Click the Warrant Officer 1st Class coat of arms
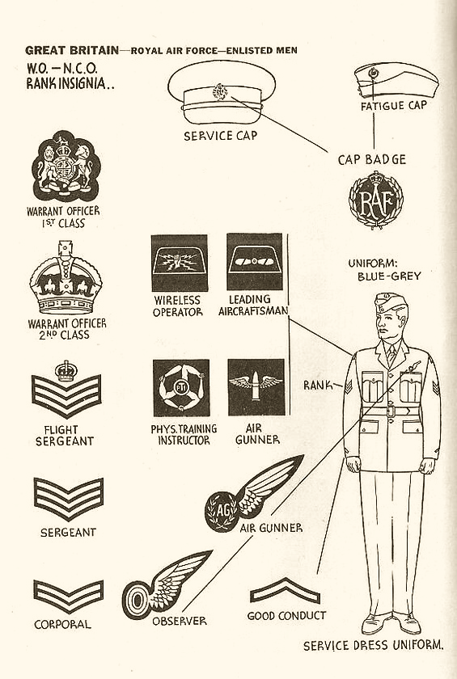click(x=66, y=166)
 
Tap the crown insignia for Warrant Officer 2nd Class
click(x=66, y=277)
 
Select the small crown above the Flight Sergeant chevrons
click(x=66, y=371)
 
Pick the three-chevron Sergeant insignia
click(x=69, y=499)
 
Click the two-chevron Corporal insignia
click(x=69, y=597)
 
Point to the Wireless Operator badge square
click(x=180, y=263)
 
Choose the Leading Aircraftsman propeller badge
click(x=254, y=262)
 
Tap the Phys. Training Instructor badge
click(x=181, y=388)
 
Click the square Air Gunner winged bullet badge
click(x=256, y=387)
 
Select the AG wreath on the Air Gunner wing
click(x=222, y=512)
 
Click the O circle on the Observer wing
click(x=137, y=600)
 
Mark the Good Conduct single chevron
click(x=285, y=591)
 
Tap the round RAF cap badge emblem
click(x=376, y=200)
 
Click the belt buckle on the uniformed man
click(x=391, y=411)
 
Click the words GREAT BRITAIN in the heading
click(x=72, y=50)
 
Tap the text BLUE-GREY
click(x=389, y=276)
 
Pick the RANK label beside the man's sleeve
click(x=319, y=385)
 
